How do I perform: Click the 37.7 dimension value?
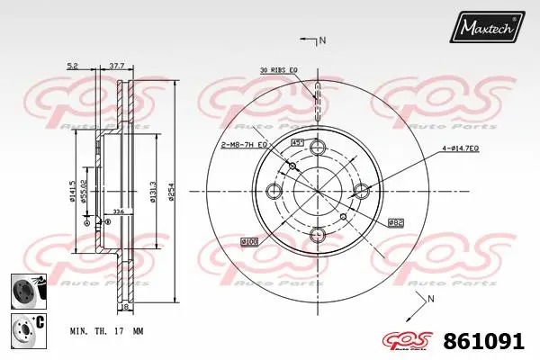click(x=116, y=66)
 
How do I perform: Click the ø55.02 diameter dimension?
click(x=84, y=191)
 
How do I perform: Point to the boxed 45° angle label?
click(x=296, y=143)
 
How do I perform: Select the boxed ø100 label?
click(x=249, y=242)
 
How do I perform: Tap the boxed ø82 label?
click(x=395, y=221)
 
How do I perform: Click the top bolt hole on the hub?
click(x=317, y=148)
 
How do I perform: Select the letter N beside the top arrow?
click(x=322, y=40)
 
